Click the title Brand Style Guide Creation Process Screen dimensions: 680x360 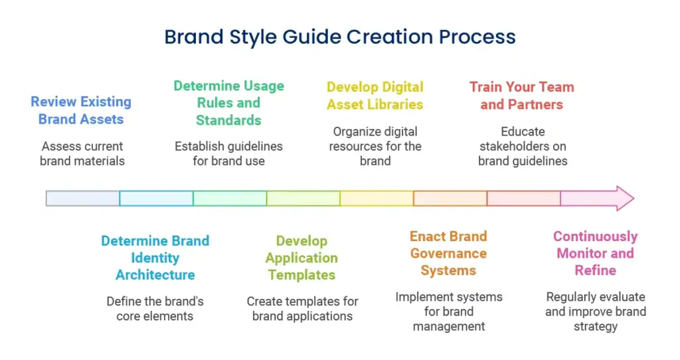coord(340,37)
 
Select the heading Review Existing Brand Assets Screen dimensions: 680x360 coord(81,110)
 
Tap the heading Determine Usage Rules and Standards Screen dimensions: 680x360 coord(228,103)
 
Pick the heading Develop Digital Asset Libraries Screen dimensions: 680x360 coord(375,96)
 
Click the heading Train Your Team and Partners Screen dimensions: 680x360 coord(522,96)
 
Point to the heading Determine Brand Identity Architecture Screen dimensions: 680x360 coord(155,258)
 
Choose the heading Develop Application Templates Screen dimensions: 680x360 coord(302,258)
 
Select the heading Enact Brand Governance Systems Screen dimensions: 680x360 coord(448,253)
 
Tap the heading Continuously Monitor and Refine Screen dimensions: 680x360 coord(596,253)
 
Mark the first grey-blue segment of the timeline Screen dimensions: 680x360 coord(83,198)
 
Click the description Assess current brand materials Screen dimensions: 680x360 coord(82,153)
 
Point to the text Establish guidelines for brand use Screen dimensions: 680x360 coord(228,153)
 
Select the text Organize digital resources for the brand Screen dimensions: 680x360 coord(375,146)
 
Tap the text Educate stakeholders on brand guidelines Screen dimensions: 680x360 coord(523,146)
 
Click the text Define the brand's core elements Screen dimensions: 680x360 coord(155,308)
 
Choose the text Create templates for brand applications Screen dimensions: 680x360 coord(302,308)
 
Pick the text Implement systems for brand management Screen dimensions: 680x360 coord(449,312)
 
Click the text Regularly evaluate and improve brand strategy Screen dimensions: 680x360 coord(596,312)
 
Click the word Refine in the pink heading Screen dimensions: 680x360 coord(596,270)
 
